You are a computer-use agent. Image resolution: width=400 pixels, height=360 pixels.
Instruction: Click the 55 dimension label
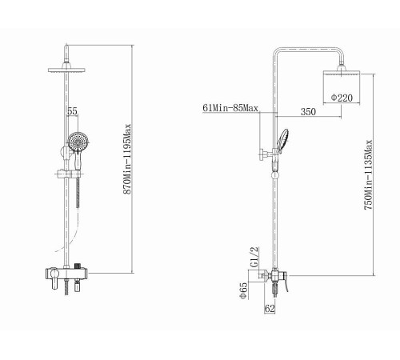point(72,111)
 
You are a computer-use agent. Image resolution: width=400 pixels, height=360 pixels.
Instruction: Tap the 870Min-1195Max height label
point(128,159)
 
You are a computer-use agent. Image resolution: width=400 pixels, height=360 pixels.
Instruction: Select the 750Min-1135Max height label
point(368,174)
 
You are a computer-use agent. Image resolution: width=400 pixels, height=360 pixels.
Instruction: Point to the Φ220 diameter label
point(342,98)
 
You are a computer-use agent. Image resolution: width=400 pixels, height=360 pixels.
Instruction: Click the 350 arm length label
point(308,111)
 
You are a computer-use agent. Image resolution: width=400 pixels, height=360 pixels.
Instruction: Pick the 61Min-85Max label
point(230,108)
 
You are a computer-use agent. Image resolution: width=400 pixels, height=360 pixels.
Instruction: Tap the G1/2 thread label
point(254,257)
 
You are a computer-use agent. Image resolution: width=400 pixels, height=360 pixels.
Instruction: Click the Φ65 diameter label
point(244,290)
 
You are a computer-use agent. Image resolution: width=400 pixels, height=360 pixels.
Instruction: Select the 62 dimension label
point(270,309)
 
